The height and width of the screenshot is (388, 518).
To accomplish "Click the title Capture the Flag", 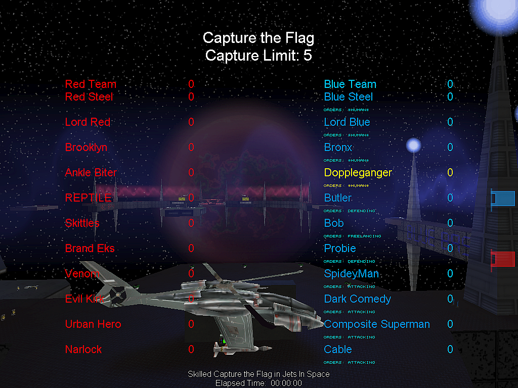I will (258, 38).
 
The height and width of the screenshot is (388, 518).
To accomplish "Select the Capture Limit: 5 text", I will (258, 56).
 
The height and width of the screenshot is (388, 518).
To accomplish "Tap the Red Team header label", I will (91, 84).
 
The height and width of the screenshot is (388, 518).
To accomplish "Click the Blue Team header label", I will (350, 84).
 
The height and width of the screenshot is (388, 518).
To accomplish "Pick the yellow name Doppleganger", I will (358, 173).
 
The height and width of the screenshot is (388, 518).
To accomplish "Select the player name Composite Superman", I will (377, 324).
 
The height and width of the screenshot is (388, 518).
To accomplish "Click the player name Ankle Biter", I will (91, 173).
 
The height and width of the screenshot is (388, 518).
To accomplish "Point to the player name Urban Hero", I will (93, 324).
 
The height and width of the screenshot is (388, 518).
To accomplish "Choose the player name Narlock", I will (83, 350).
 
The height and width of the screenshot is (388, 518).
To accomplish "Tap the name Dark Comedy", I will (357, 299).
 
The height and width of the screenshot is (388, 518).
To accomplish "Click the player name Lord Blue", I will (347, 122).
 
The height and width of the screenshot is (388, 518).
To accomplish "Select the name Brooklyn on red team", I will (86, 148).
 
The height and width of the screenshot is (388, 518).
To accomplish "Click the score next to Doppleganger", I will (450, 173).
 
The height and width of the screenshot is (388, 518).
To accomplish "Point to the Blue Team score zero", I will (450, 84).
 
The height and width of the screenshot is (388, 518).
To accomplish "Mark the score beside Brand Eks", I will (191, 249).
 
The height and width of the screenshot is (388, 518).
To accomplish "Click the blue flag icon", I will (503, 199).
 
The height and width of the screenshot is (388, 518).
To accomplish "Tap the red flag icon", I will (503, 259).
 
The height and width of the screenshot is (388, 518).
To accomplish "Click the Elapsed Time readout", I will (258, 383).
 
